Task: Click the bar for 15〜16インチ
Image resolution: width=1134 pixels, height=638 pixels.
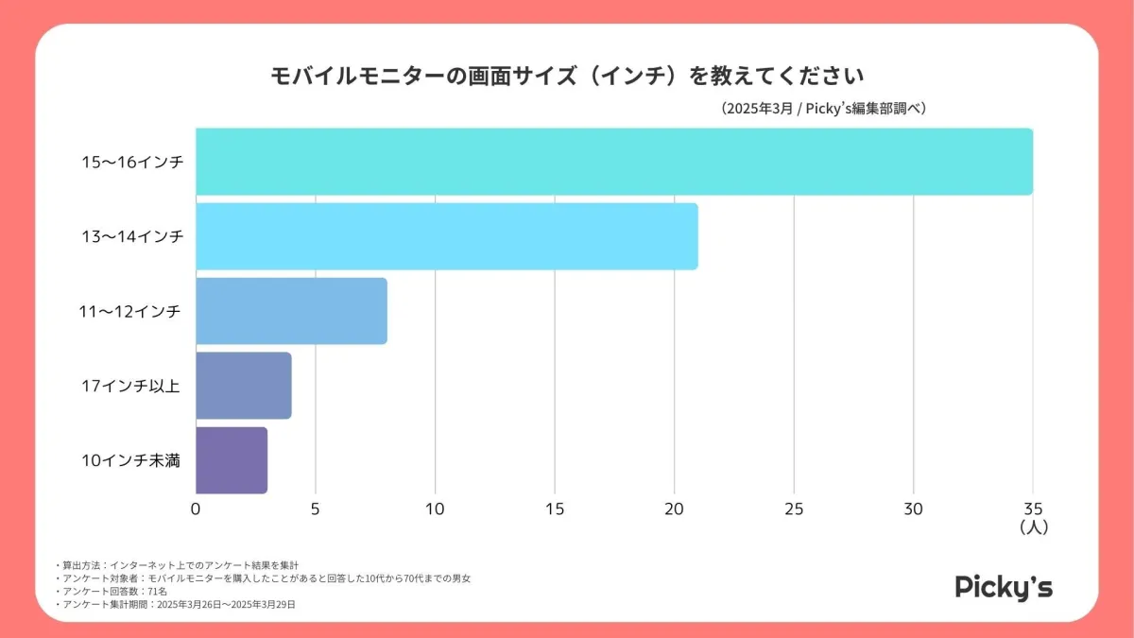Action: point(614,162)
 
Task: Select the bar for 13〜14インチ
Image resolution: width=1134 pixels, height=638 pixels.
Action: point(447,236)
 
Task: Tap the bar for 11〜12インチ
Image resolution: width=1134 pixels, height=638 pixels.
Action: point(291,311)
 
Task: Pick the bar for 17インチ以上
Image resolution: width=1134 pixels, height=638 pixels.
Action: point(244,386)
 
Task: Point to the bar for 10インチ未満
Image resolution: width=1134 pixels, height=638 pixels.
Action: point(232,460)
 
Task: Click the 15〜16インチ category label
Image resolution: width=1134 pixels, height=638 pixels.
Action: point(132,162)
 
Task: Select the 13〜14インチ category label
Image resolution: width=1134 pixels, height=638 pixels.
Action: point(132,236)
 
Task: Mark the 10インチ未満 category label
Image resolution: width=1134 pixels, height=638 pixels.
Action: point(132,460)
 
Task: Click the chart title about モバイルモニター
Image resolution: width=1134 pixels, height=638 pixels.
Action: point(568,76)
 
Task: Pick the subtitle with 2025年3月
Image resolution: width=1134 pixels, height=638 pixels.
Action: point(822,109)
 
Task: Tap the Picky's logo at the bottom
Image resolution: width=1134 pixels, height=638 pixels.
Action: point(1004,587)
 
